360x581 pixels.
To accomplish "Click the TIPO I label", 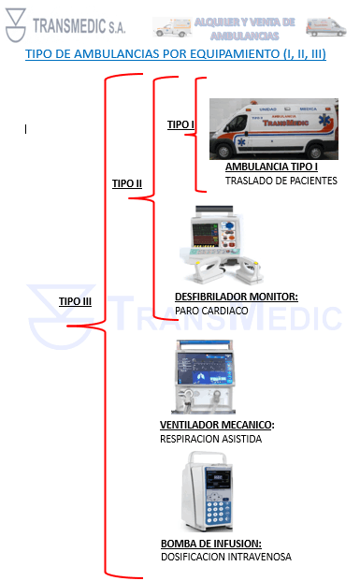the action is [180, 124].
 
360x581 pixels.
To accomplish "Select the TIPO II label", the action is [127, 183].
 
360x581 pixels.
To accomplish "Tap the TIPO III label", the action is [75, 301].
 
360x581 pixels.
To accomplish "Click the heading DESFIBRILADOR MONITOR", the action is [236, 297].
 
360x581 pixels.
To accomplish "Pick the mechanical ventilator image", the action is [211, 378].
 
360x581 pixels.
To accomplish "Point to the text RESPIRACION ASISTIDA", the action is [210, 438].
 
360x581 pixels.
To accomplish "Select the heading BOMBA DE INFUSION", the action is [210, 544].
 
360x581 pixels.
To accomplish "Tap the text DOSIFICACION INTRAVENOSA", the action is [225, 557].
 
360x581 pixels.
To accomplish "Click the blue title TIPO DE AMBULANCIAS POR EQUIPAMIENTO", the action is [176, 55].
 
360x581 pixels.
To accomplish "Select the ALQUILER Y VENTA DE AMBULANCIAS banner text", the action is [244, 27].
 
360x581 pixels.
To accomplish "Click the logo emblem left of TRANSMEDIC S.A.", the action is [16, 25].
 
